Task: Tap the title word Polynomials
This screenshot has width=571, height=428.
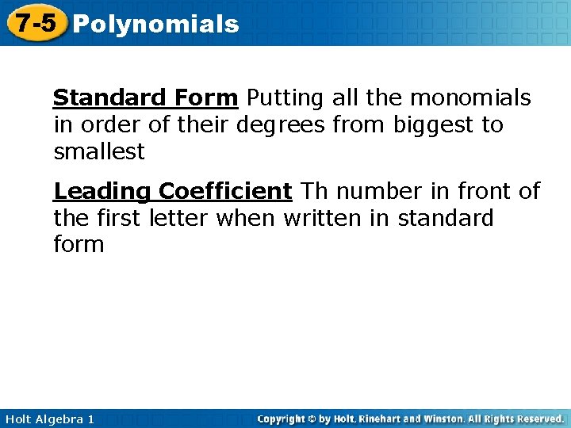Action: (x=155, y=25)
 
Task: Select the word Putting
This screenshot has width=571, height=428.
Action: (x=282, y=98)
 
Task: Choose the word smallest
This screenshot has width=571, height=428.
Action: (x=99, y=151)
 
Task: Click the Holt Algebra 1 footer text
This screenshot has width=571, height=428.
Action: (x=48, y=418)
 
